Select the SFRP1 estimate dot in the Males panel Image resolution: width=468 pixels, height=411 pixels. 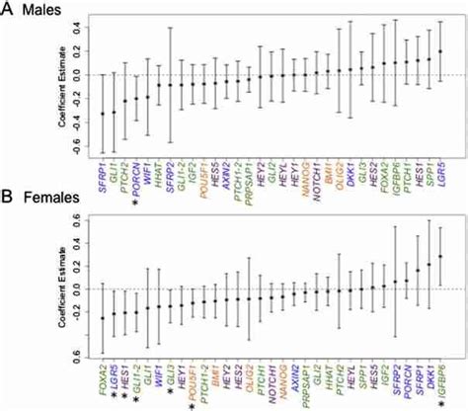point(103,115)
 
